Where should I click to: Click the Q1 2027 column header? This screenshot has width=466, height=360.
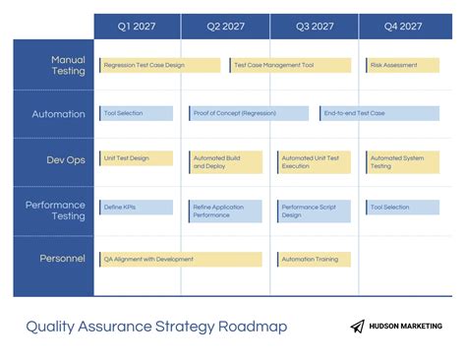[x=137, y=27]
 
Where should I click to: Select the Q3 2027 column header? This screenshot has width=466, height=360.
[x=315, y=27]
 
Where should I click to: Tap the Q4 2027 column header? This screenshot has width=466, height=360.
[x=403, y=27]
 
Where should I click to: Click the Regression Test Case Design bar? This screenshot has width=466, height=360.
[x=159, y=65]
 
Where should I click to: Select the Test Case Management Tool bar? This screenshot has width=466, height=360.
[x=289, y=65]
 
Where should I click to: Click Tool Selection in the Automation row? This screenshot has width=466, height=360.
[x=136, y=113]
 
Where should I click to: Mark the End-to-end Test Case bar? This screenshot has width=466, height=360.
[x=379, y=113]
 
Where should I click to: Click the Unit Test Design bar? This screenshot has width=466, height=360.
[x=136, y=157]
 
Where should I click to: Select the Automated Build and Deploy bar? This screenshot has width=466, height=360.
[x=226, y=161]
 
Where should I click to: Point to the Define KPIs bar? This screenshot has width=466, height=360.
[x=136, y=208]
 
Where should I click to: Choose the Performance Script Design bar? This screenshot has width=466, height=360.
[x=315, y=210]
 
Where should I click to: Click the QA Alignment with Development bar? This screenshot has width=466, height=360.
[x=181, y=259]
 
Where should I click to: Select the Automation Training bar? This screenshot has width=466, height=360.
[x=315, y=259]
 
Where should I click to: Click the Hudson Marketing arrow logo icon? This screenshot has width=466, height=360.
[x=357, y=327]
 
